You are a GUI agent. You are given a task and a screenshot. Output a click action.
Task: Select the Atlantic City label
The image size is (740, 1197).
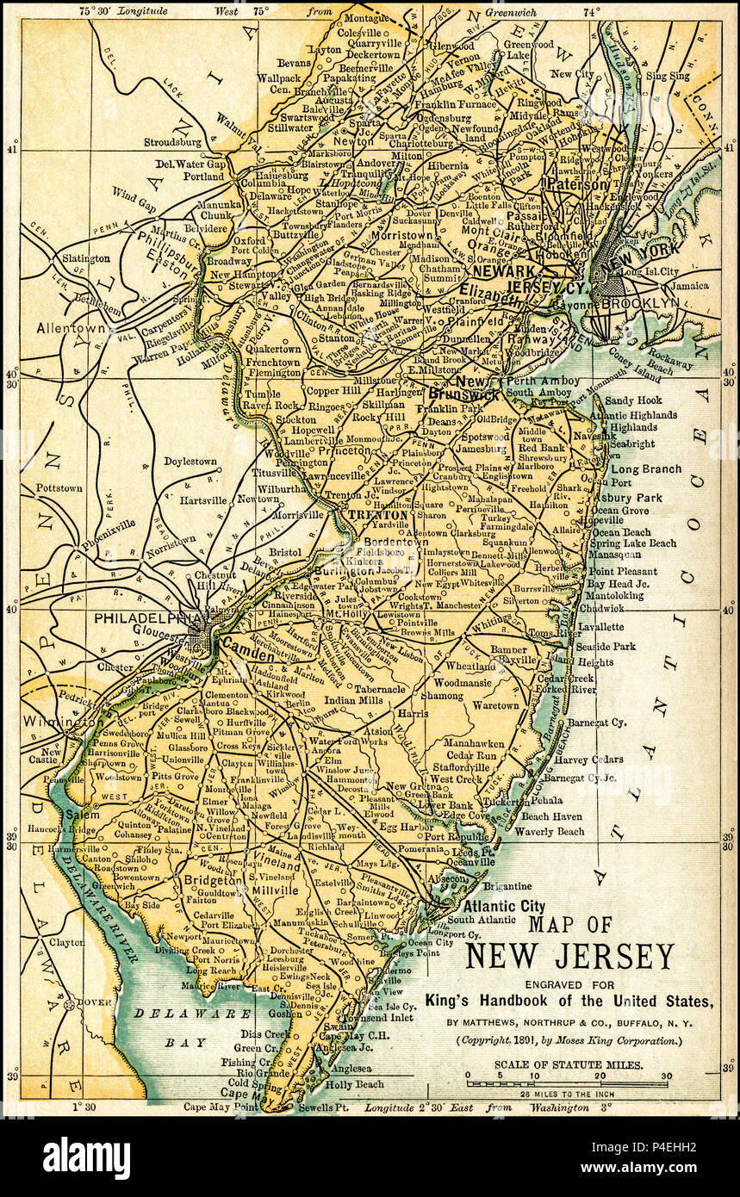coord(504,905)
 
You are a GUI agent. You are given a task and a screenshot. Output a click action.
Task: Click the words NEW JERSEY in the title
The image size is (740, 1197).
coord(569,957)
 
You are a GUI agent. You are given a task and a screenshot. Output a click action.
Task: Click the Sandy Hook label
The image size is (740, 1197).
coord(633,400)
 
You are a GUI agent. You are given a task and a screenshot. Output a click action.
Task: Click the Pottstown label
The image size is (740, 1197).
coord(59,488)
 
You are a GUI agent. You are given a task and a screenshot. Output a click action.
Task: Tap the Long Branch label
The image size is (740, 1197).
coord(646,469)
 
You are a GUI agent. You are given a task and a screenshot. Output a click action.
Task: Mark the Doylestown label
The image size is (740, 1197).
coord(190,462)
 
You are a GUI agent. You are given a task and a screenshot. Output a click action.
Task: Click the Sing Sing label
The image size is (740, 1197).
coord(668,76)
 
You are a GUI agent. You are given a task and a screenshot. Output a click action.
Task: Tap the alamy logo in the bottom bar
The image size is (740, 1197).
coord(87,1157)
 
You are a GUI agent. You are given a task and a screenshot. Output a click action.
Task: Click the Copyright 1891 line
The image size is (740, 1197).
coord(569,1040)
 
